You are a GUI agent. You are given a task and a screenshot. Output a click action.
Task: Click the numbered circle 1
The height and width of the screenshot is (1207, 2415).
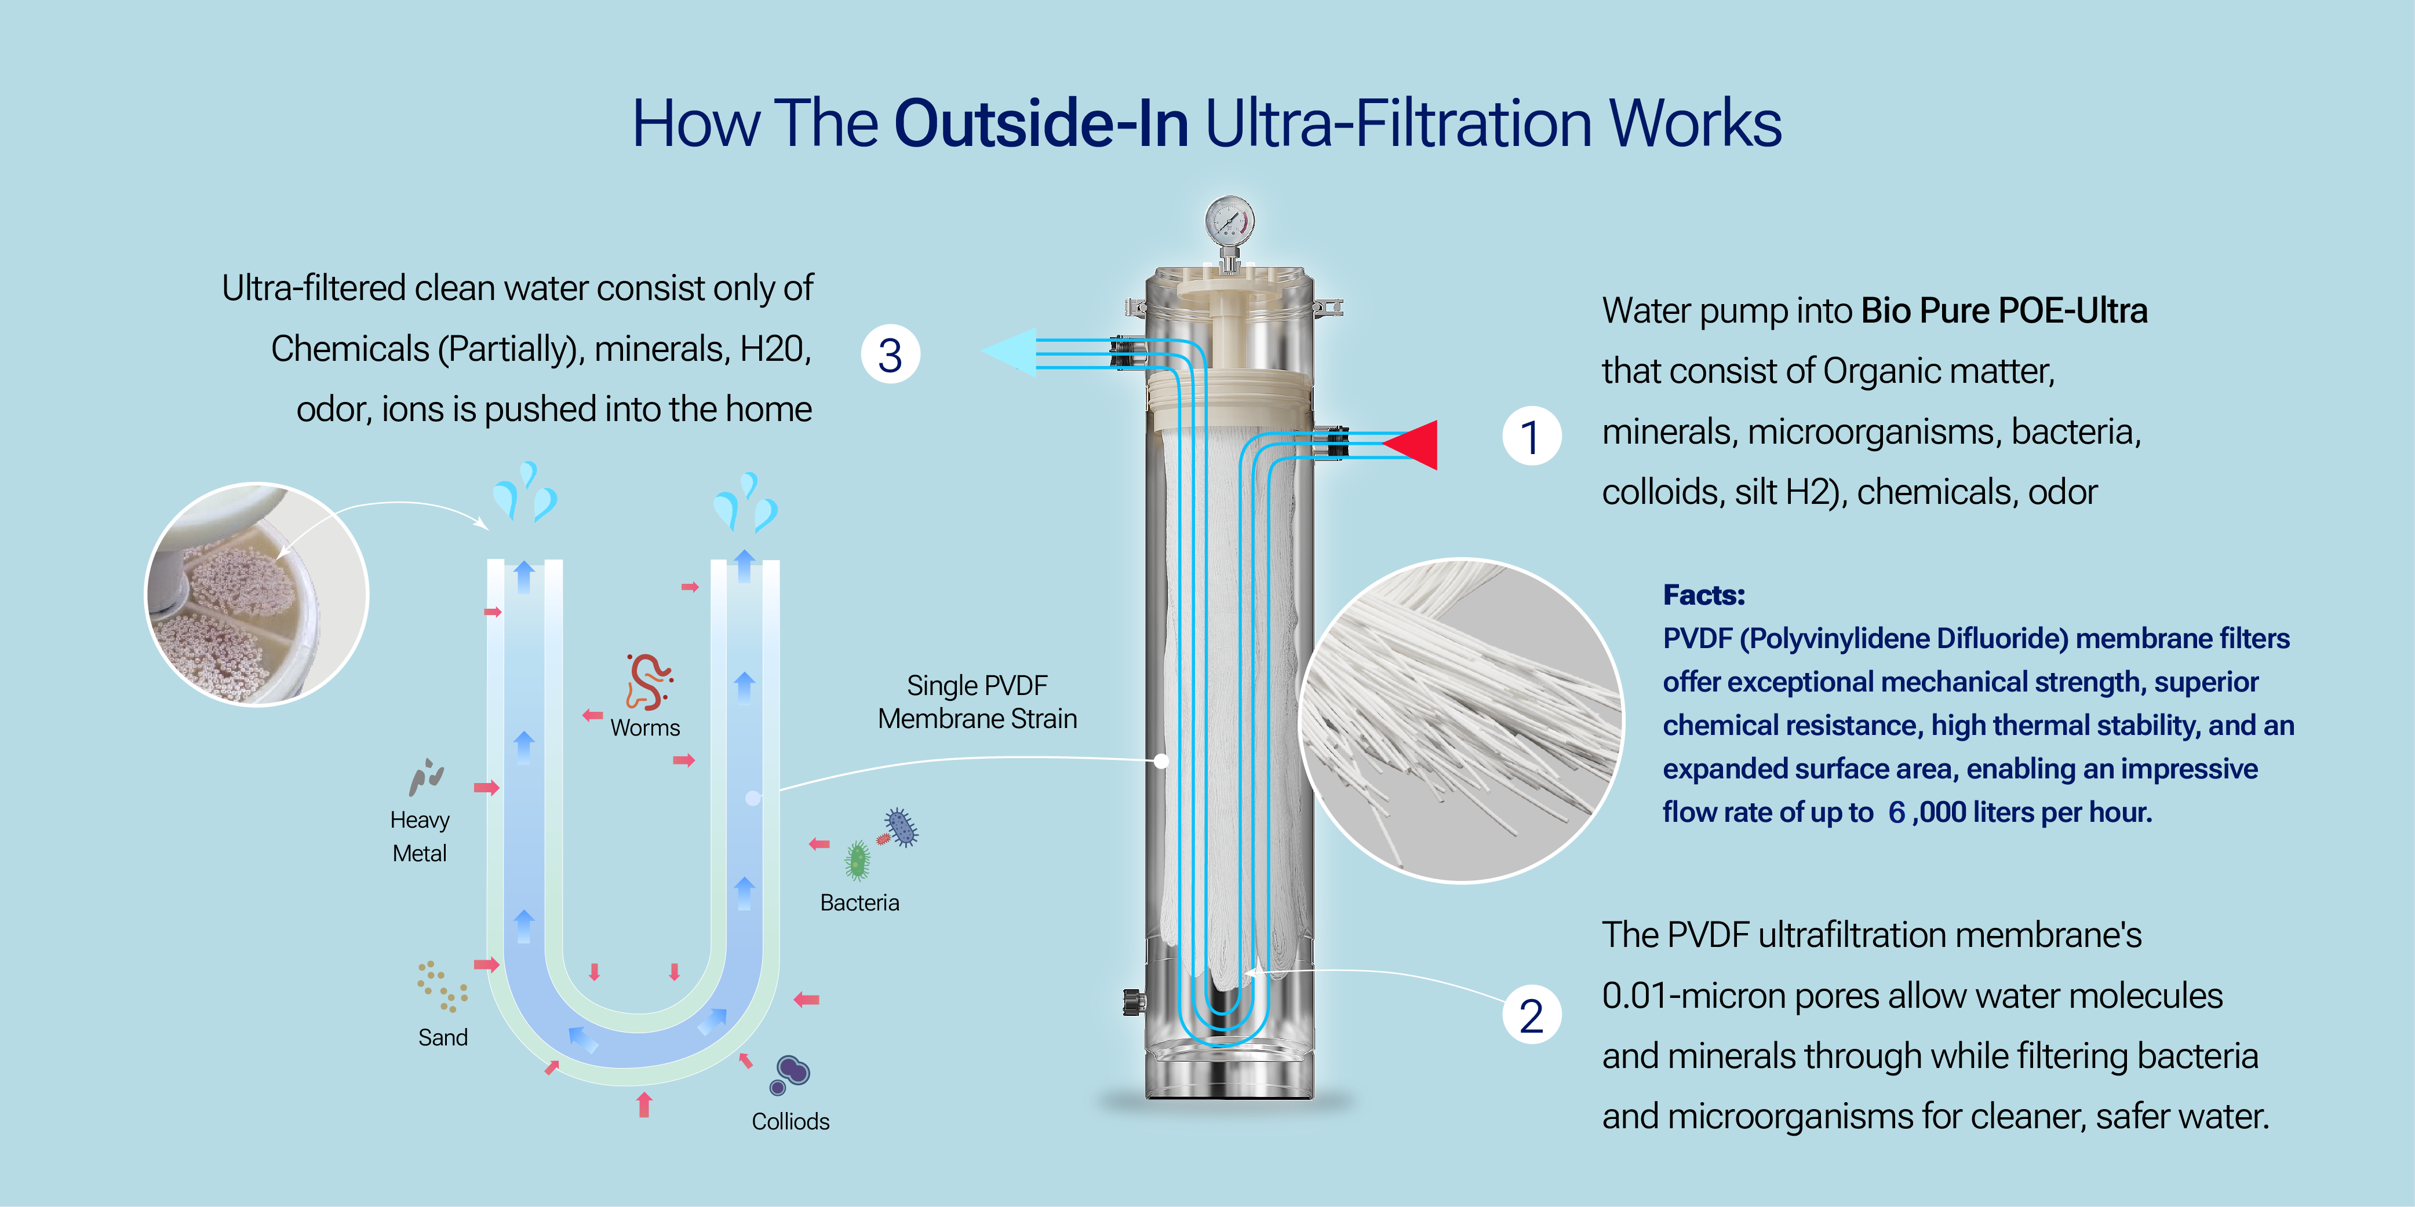click(1531, 437)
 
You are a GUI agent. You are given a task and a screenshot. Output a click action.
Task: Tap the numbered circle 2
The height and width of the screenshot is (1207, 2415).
click(1531, 1016)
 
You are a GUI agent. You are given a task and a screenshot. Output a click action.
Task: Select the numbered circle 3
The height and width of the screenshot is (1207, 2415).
click(890, 354)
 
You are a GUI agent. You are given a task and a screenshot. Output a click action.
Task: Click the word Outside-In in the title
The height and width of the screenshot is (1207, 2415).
click(1041, 124)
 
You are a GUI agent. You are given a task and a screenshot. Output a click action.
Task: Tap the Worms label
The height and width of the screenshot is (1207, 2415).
click(645, 728)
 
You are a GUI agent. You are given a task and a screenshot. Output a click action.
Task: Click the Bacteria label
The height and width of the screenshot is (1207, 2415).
click(859, 902)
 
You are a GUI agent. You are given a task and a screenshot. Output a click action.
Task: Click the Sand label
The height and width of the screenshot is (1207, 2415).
click(443, 1037)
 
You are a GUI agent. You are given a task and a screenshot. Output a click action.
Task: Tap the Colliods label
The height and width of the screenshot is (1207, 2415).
click(791, 1122)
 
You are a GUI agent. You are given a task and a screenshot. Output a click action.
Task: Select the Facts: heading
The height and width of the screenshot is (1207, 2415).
click(1703, 595)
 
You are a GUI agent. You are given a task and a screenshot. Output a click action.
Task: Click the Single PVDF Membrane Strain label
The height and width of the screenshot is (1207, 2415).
click(977, 702)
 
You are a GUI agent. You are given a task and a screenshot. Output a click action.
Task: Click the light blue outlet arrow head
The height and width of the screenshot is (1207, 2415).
click(1011, 352)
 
